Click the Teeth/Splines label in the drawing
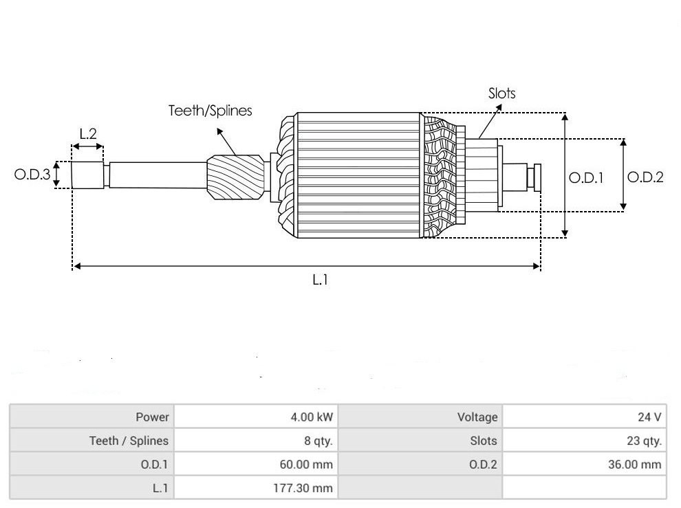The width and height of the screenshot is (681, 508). coord(210,110)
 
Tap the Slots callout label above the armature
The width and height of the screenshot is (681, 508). coord(501,93)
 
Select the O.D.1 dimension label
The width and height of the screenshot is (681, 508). coord(586,177)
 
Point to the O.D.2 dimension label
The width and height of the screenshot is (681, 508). coord(646,177)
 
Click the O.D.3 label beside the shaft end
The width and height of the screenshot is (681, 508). coord(32,175)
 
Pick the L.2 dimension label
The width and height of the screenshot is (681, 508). coord(87,134)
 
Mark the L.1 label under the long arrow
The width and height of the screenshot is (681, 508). coord(321,280)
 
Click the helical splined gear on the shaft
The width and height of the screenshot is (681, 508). coord(236,177)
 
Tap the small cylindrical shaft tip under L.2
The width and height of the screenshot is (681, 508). coord(87,175)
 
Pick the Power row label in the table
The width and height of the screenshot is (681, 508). coord(152,417)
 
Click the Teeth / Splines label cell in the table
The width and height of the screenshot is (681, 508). coord(129,441)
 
